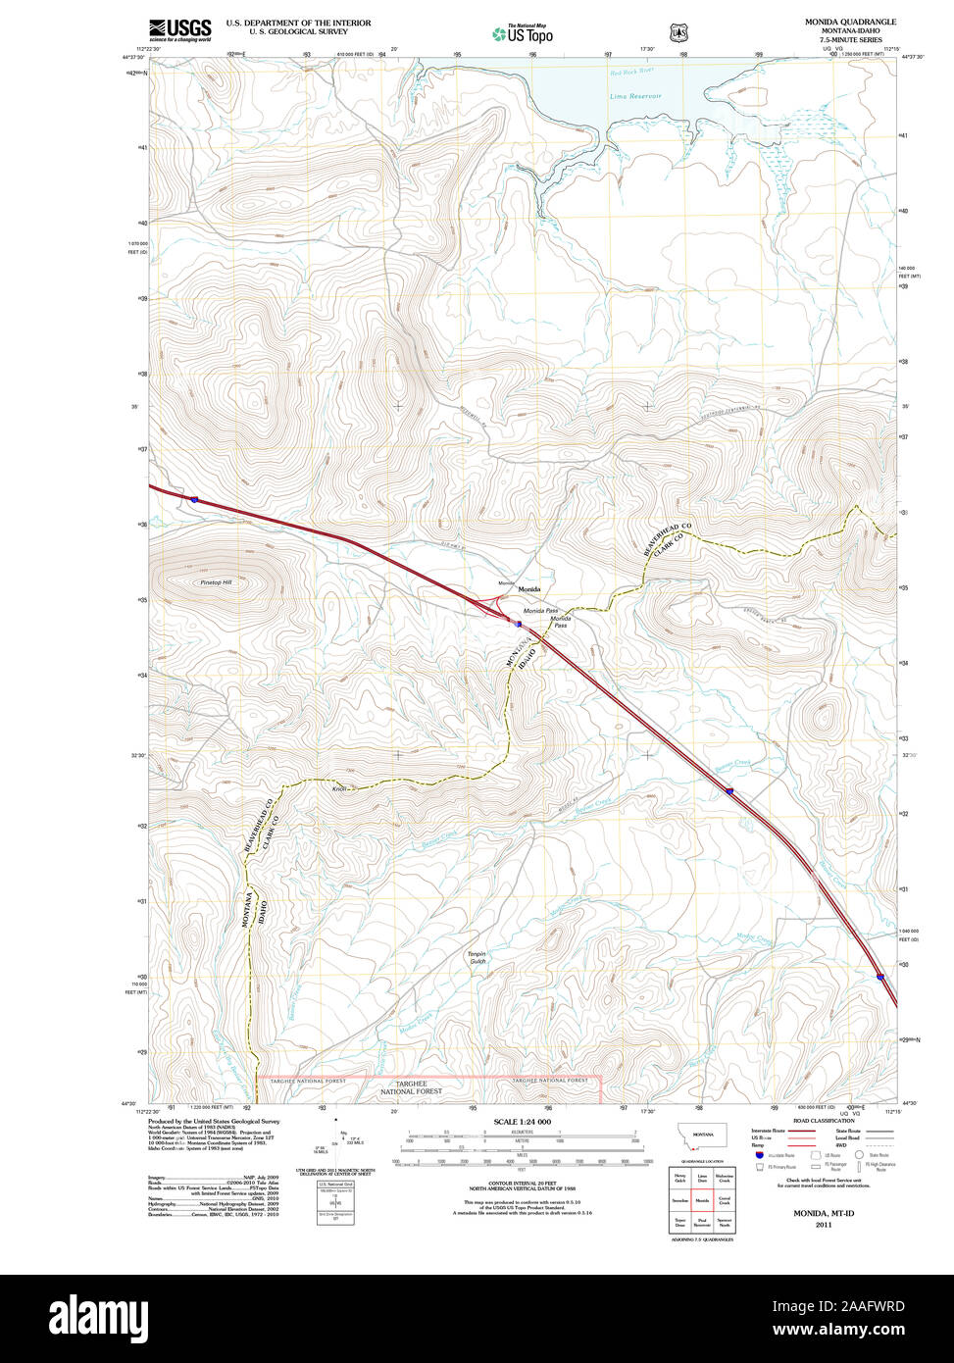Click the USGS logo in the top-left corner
click(x=179, y=30)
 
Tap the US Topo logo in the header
click(x=522, y=33)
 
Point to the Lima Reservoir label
click(x=635, y=96)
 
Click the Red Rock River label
click(x=629, y=73)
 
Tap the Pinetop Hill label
click(x=216, y=582)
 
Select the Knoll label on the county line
click(x=340, y=787)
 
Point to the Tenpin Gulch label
click(x=477, y=957)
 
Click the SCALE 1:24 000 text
click(x=522, y=1122)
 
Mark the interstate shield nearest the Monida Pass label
click(x=519, y=624)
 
